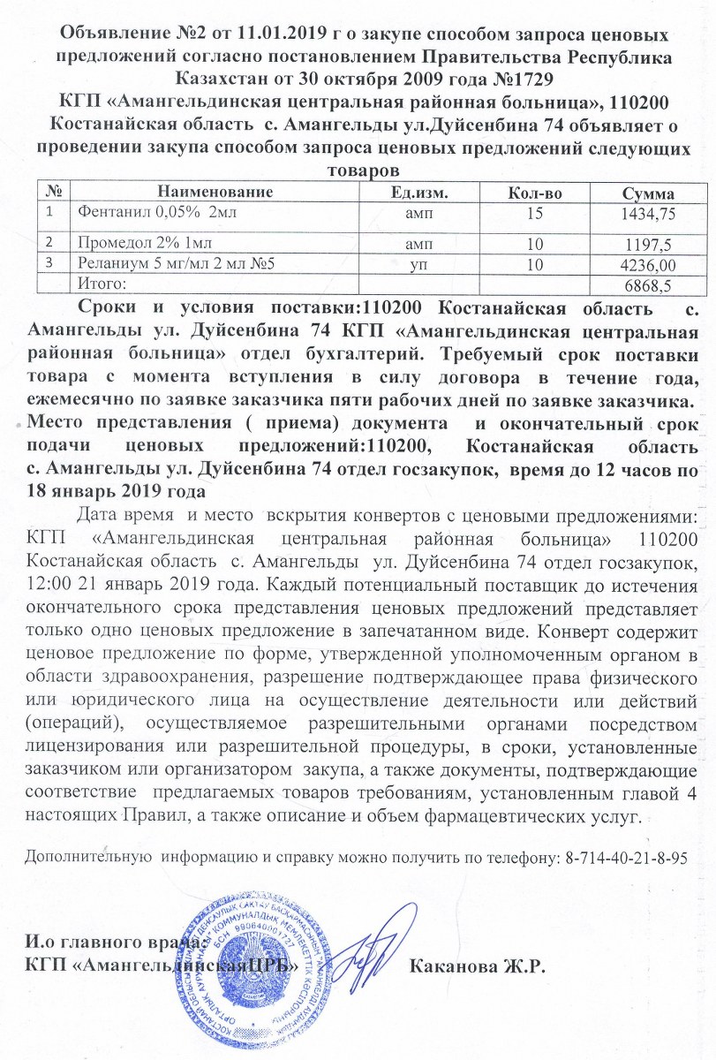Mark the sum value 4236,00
pos(649,263)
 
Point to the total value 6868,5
pos(653,284)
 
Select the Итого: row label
pos(102,284)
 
